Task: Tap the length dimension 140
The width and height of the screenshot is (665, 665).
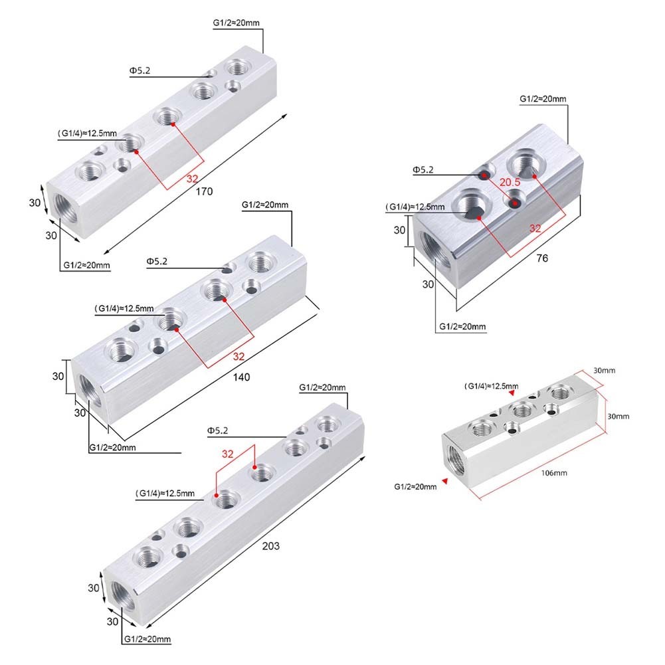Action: pyautogui.click(x=241, y=377)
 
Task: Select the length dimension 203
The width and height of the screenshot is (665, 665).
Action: pyautogui.click(x=270, y=546)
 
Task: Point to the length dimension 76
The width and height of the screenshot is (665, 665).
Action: pyautogui.click(x=542, y=258)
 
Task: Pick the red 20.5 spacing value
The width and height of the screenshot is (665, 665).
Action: pyautogui.click(x=510, y=182)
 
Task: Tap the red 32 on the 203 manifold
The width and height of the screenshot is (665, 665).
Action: pyautogui.click(x=228, y=454)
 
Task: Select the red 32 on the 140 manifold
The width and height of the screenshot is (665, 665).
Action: pyautogui.click(x=238, y=357)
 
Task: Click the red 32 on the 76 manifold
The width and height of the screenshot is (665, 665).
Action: pyautogui.click(x=535, y=228)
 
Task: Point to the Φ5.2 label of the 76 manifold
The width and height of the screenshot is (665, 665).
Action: pyautogui.click(x=423, y=171)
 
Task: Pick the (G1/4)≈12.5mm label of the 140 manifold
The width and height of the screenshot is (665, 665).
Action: pyautogui.click(x=124, y=308)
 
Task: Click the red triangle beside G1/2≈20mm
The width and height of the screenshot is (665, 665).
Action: pyautogui.click(x=446, y=482)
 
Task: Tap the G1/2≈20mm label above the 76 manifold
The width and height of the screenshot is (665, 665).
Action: pyautogui.click(x=543, y=99)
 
